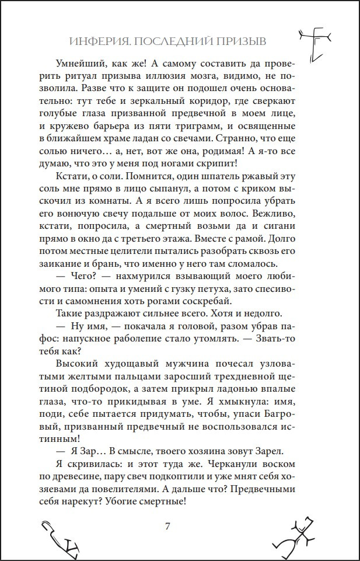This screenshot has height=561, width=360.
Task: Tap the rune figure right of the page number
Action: click(298, 534)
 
